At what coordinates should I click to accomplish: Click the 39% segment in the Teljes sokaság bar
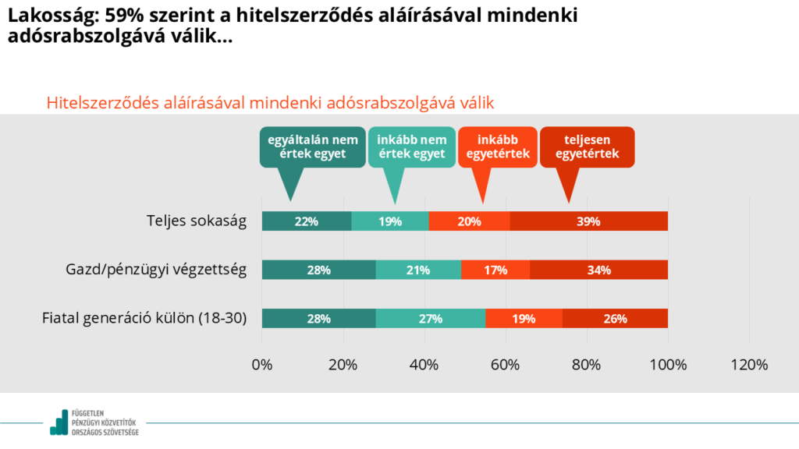click(588, 221)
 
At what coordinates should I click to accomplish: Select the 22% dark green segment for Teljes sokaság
click(306, 221)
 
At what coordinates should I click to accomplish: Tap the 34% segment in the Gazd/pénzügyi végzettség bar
click(598, 270)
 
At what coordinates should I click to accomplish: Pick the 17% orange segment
click(495, 270)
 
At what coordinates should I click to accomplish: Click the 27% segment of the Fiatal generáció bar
click(430, 318)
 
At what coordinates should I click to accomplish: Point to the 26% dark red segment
click(614, 318)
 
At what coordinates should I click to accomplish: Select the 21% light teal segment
click(418, 270)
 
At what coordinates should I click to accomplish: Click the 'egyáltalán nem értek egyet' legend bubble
click(312, 147)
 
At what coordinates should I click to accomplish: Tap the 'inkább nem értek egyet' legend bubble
click(411, 147)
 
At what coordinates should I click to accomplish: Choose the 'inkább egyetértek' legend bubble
click(498, 147)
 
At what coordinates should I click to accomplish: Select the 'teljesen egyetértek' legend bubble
click(587, 147)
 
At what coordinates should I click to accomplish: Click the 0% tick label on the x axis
click(262, 365)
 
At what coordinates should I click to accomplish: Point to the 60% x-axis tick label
click(506, 365)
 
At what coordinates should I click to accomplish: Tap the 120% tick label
click(749, 365)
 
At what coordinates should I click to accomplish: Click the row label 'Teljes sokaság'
click(197, 221)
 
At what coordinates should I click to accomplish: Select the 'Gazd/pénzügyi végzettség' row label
click(156, 270)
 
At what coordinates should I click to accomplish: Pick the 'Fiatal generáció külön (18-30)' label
click(144, 318)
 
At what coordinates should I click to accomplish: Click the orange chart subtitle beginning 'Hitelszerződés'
click(271, 103)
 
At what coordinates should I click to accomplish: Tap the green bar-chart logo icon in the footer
click(59, 422)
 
